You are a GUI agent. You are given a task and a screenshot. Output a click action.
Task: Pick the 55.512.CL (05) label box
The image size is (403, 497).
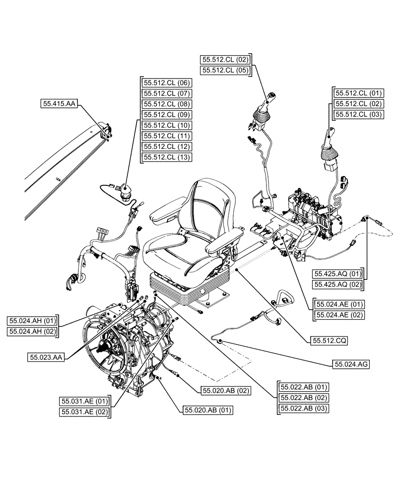coord(226,71)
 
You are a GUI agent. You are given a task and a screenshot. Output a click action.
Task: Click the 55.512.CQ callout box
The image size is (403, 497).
coord(329,341)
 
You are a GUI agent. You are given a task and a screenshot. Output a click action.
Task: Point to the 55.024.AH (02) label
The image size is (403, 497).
coord(32,331)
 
